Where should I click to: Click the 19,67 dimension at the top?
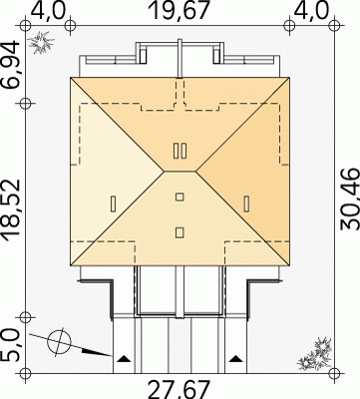(x=180, y=11)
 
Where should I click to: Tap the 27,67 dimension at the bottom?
(x=180, y=390)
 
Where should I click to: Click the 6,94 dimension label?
(x=11, y=65)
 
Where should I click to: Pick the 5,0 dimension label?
(x=10, y=345)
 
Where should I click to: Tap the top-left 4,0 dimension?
(x=48, y=11)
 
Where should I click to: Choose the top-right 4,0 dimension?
(x=312, y=11)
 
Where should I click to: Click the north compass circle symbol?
(x=59, y=341)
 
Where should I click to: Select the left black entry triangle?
(x=124, y=358)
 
